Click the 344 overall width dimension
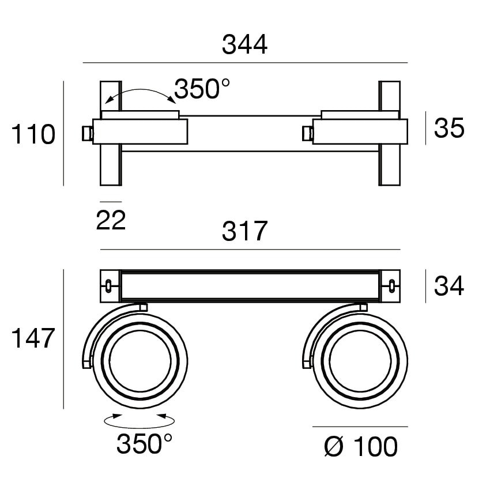[x=244, y=45]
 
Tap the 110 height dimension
[x=33, y=134]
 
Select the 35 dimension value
[x=449, y=128]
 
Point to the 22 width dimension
[x=111, y=220]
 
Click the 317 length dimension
[x=244, y=231]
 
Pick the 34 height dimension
[x=449, y=286]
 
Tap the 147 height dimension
[x=33, y=338]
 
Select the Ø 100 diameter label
[x=361, y=447]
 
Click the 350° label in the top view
[x=202, y=89]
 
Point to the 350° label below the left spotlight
[x=144, y=444]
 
